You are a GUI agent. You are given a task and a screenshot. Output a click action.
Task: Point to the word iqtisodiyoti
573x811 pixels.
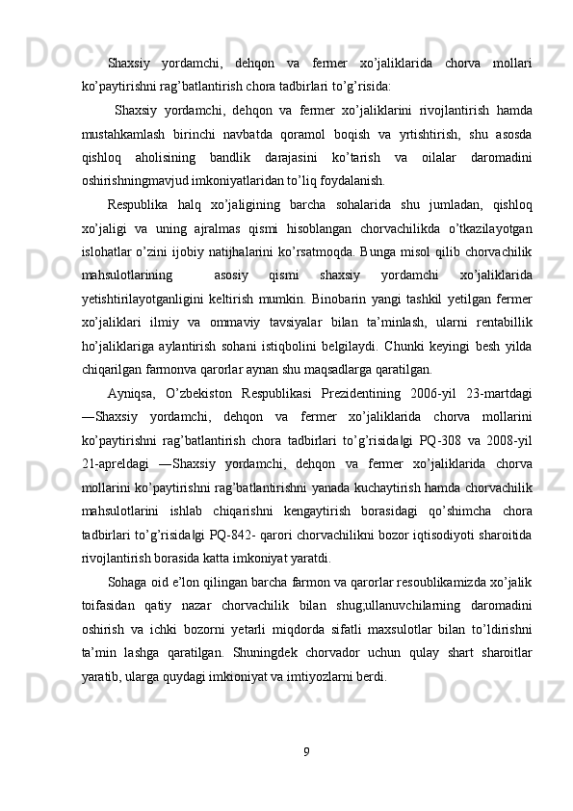[x=443, y=533]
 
